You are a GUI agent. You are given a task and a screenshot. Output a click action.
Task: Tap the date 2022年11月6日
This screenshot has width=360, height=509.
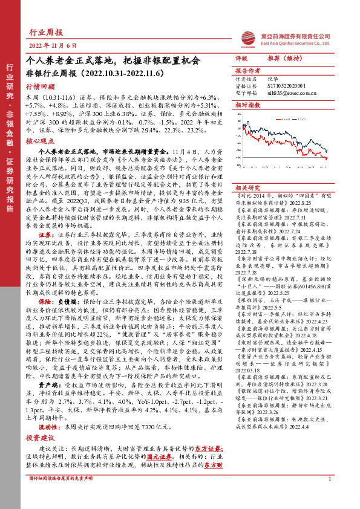(x=53, y=46)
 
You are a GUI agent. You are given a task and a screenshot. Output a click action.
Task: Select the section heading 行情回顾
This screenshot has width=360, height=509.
(x=42, y=86)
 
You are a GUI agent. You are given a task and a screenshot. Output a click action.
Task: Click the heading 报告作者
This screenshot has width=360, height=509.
(x=247, y=70)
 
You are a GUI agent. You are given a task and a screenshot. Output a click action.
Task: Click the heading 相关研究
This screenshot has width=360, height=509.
(x=247, y=188)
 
